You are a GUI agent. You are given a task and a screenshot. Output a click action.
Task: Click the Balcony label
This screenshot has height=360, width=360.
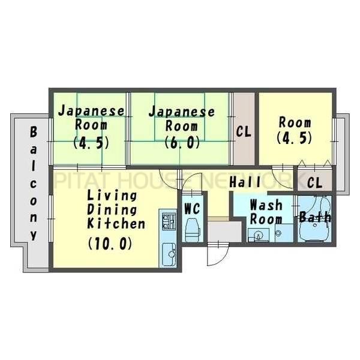tap(34, 182)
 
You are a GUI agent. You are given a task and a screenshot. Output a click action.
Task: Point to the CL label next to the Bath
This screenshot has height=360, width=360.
tap(314, 182)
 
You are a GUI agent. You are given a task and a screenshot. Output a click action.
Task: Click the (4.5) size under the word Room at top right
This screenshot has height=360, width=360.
tap(295, 137)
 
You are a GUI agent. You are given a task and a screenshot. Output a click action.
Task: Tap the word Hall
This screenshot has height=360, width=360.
tap(245, 182)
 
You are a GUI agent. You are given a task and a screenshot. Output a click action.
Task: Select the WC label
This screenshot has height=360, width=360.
tap(191, 209)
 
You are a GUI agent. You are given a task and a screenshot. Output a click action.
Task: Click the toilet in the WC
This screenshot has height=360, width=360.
tap(193, 229)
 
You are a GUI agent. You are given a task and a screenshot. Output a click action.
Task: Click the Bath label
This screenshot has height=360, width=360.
tap(315, 217)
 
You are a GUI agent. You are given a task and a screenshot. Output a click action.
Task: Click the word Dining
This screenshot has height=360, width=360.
tap(111, 210)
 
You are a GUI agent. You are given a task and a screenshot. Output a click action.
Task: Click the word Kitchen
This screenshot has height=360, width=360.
tap(116, 224)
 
